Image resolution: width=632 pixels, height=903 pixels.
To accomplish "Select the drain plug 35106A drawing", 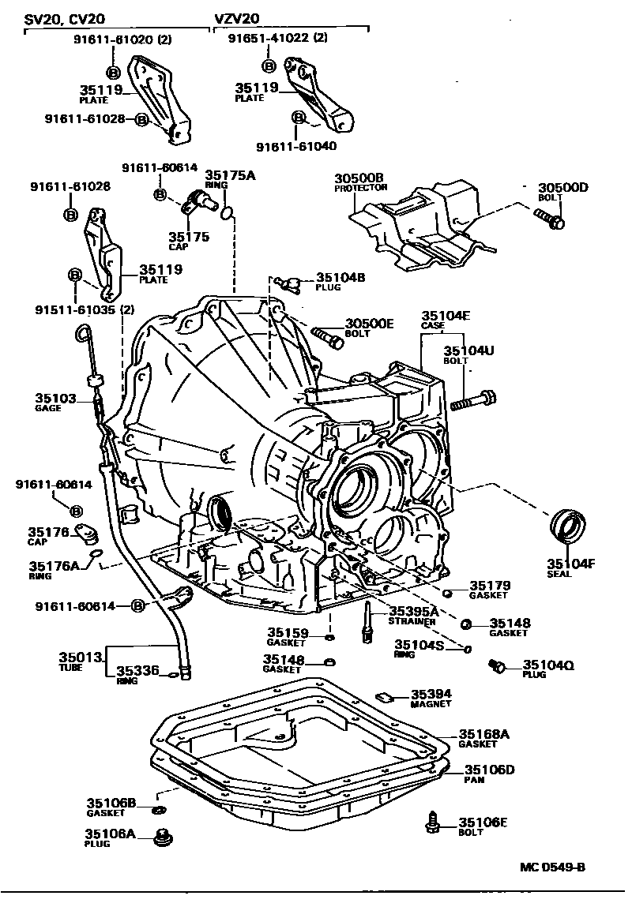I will (x=164, y=836).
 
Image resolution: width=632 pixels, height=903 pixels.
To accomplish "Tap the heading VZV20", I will (x=238, y=17).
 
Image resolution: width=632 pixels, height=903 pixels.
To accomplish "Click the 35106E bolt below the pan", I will (x=433, y=822).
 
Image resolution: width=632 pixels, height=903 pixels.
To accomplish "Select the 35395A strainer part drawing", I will (x=368, y=620).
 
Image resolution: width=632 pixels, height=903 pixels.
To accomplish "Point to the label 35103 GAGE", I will (x=53, y=399).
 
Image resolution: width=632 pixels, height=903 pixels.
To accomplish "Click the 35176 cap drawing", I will (x=88, y=537).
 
